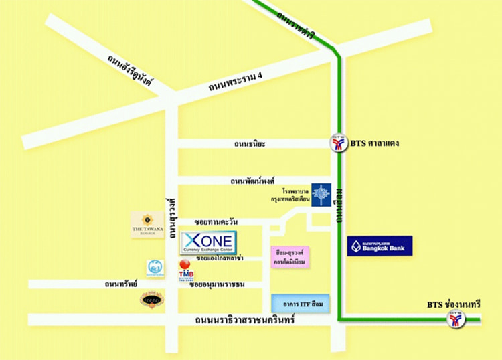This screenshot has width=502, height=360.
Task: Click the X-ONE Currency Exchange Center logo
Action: click(x=208, y=242)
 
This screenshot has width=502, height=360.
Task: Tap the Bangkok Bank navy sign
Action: click(x=380, y=246)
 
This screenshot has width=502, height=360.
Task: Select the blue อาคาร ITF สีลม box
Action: click(x=301, y=304)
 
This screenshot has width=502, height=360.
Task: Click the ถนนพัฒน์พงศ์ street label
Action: click(x=254, y=181)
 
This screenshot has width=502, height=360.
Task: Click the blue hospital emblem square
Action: click(x=321, y=195)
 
